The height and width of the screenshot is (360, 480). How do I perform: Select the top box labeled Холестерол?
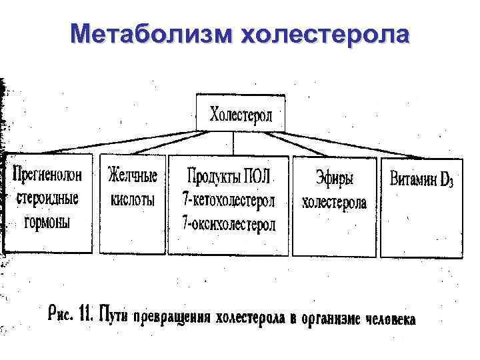(241, 114)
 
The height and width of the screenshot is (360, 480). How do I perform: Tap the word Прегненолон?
(47, 175)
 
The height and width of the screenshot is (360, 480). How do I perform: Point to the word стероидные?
(47, 198)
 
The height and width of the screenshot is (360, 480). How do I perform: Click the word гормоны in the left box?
(48, 222)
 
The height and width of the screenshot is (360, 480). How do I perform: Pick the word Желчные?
(133, 176)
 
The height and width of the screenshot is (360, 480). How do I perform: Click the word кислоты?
(132, 199)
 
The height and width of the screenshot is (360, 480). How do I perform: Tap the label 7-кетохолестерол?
(228, 199)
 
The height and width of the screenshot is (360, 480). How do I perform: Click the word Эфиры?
(334, 178)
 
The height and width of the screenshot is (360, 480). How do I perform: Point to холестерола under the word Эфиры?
(334, 202)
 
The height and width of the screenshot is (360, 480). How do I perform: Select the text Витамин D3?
(421, 179)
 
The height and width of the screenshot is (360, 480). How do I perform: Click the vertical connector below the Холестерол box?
(235, 143)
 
